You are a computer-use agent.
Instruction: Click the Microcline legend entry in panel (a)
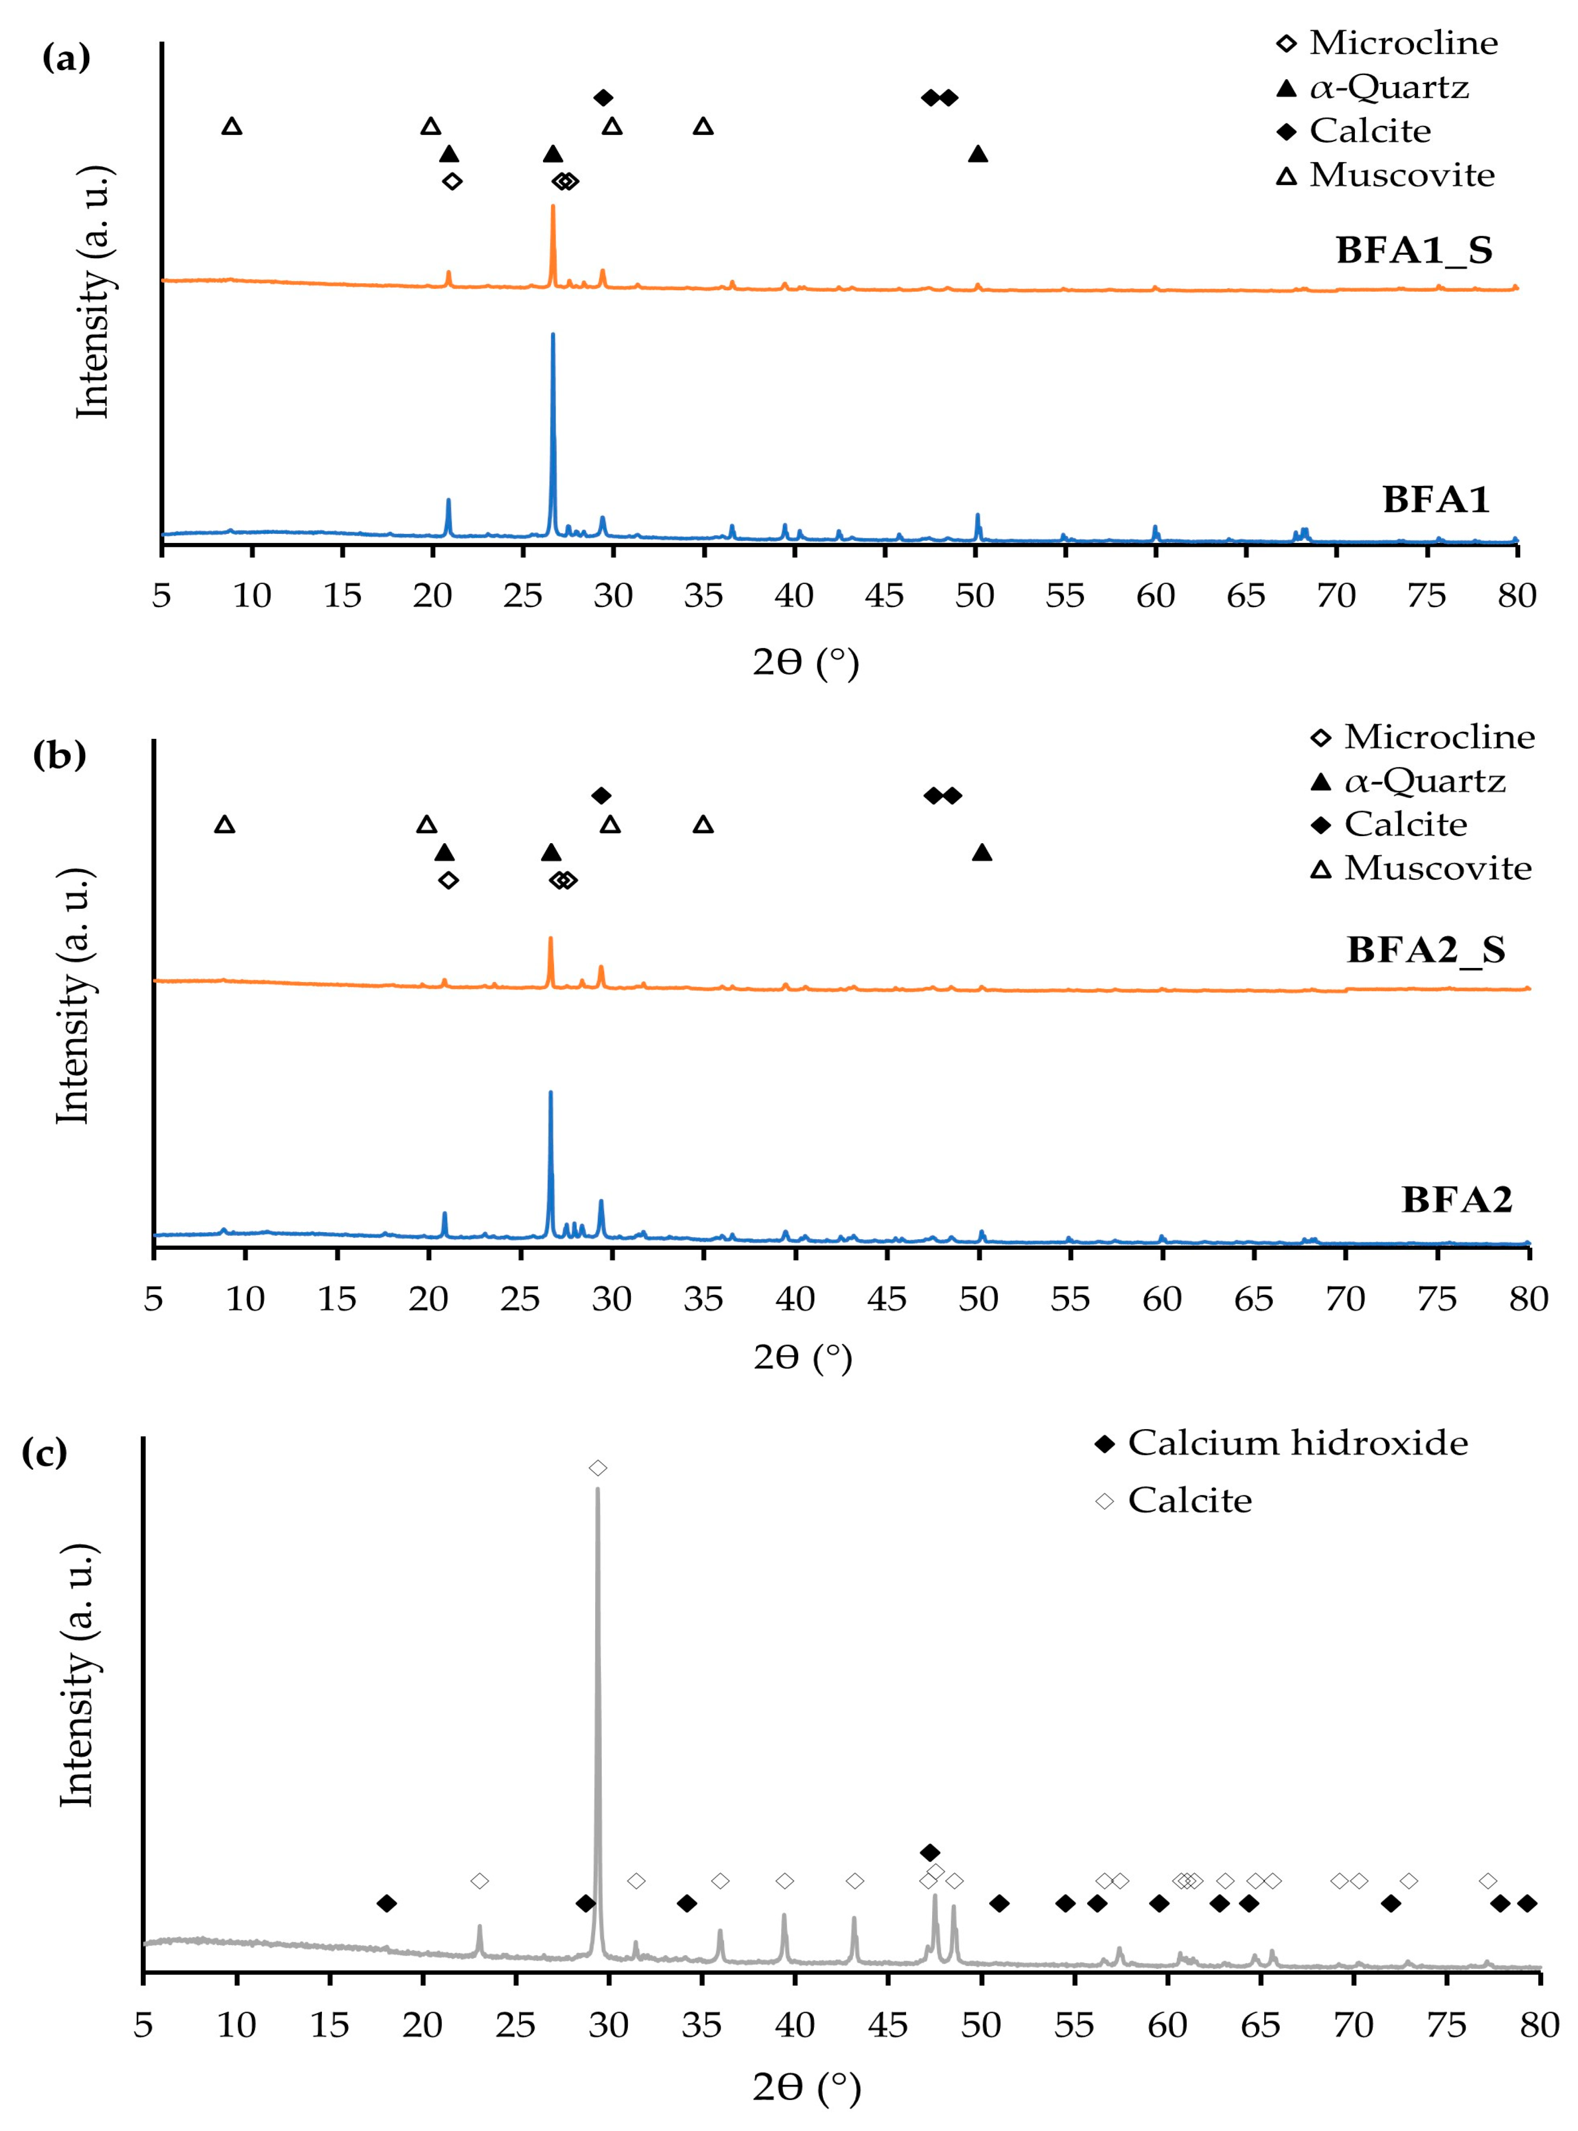point(1402,43)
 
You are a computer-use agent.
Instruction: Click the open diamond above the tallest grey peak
point(598,1467)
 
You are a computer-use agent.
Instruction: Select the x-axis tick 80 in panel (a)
point(1516,596)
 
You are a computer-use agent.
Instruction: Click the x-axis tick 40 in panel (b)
point(795,1298)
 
